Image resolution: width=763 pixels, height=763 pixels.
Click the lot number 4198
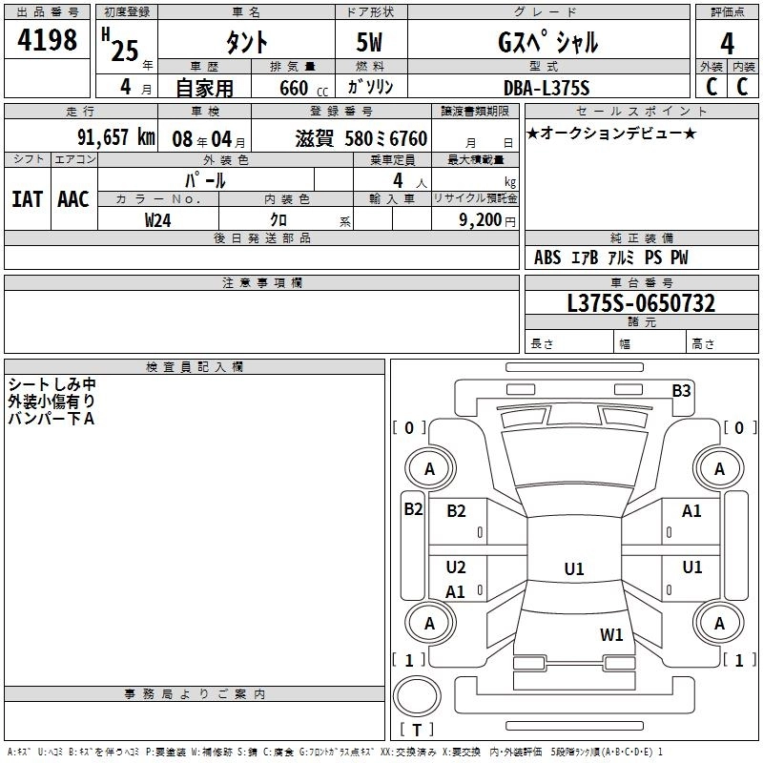47,40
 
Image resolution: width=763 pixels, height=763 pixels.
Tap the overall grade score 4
727,44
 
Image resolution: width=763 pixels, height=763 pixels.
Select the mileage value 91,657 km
116,137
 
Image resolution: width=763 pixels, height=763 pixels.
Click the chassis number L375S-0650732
641,303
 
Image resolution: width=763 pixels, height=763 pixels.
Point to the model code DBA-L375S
546,88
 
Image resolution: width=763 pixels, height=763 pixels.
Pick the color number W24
157,220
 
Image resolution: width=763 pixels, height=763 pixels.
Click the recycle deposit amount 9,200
480,220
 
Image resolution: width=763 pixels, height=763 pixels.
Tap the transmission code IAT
28,199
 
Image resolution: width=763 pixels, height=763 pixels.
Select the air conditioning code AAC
73,199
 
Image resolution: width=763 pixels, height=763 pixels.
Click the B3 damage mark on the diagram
681,391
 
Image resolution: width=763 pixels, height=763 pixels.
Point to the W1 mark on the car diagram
611,634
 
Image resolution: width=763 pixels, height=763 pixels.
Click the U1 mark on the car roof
574,568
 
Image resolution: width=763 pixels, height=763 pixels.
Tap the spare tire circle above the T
417,696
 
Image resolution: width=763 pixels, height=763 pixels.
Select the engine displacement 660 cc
303,88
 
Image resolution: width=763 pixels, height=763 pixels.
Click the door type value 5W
369,42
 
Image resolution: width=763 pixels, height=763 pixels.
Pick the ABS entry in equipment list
547,258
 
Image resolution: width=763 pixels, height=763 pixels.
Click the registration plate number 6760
408,138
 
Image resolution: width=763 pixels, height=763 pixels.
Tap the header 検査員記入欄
195,367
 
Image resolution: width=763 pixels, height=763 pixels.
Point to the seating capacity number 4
398,180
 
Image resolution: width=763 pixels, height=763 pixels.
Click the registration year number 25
125,51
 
